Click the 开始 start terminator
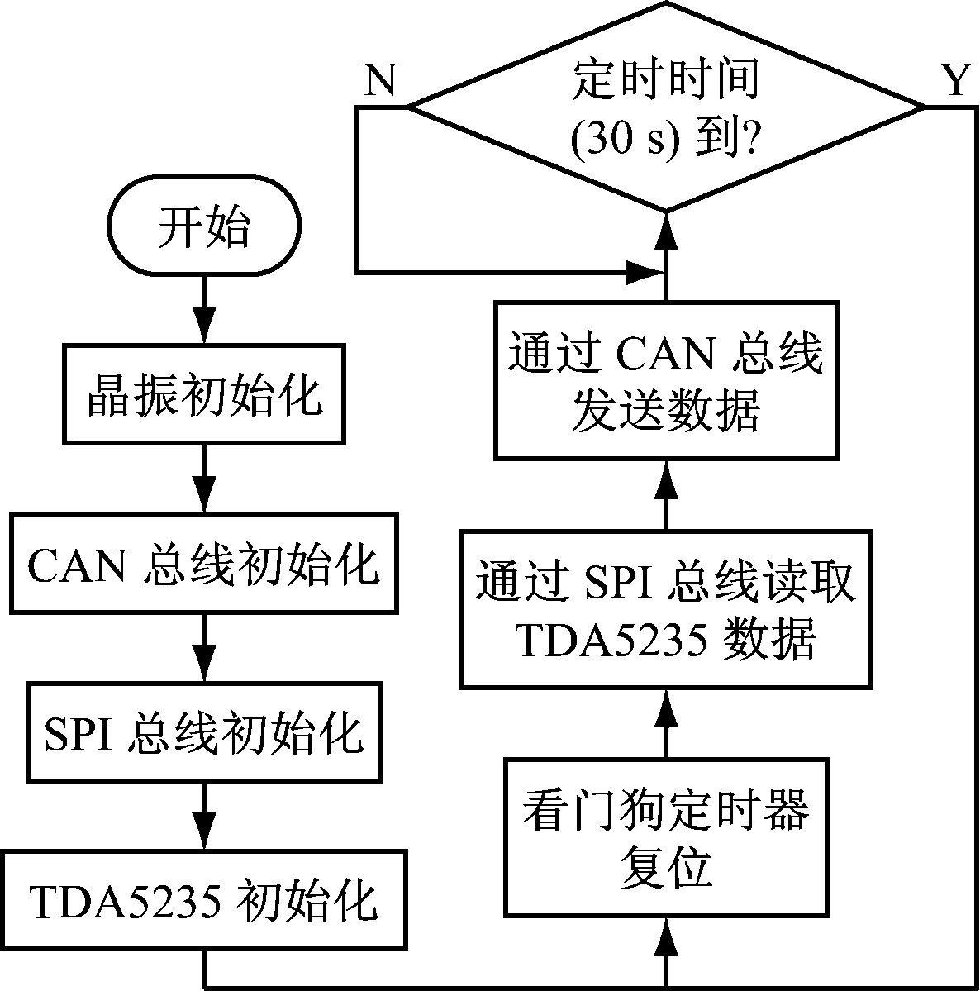coord(203,228)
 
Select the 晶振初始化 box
coord(203,394)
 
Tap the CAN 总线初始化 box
coord(203,563)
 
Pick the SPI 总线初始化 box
coord(203,731)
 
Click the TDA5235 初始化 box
coord(203,900)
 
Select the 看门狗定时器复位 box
coord(665,837)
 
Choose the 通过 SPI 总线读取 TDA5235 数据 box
coord(665,610)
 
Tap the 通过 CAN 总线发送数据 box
coord(665,380)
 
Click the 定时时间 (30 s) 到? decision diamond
coord(665,107)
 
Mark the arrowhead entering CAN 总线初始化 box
coord(203,496)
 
